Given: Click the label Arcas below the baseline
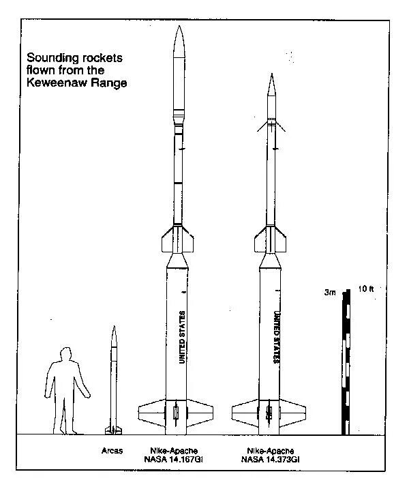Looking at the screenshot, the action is [112, 450].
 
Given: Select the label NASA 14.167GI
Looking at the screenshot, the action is [177, 460].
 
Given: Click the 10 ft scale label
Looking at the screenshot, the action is [366, 289].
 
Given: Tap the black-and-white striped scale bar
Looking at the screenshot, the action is [347, 361].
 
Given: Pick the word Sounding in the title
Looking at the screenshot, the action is [50, 57].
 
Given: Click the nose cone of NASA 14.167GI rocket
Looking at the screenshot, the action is [178, 44].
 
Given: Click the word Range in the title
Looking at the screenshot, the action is [109, 82].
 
